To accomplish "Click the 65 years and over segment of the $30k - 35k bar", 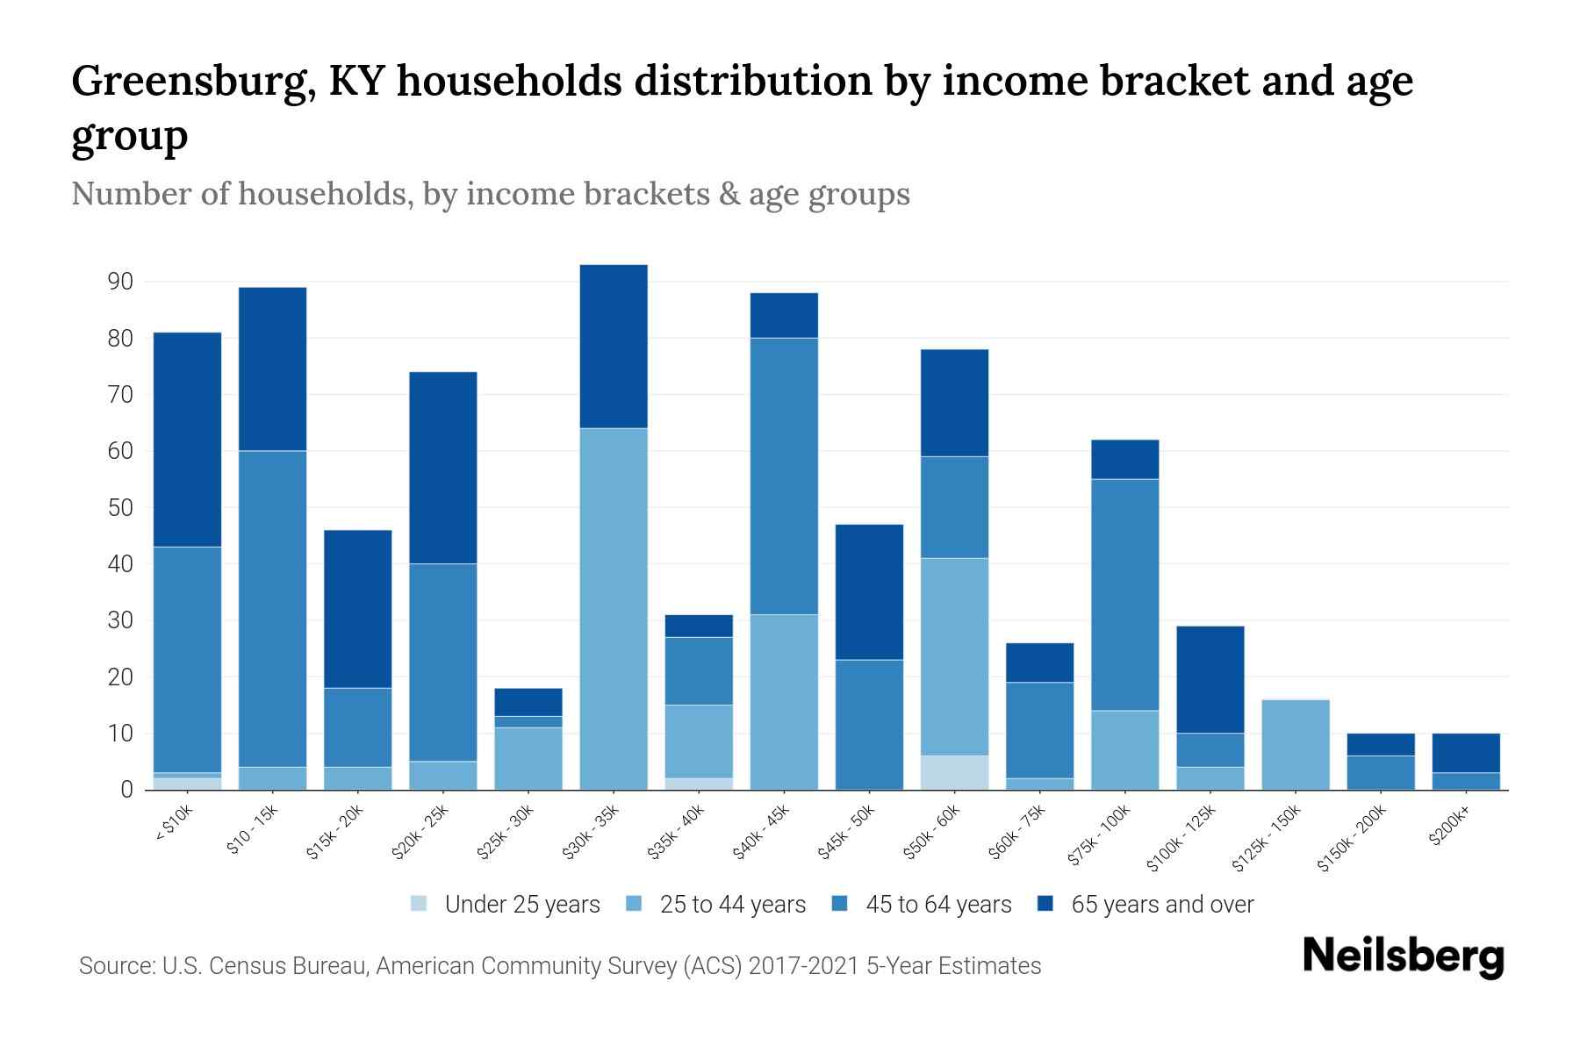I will (614, 346).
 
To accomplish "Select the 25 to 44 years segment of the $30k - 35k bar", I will (614, 608).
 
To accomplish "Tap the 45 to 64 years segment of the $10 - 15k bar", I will (272, 608).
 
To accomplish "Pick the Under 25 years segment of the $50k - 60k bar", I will (955, 772).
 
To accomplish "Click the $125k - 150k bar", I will (1296, 744).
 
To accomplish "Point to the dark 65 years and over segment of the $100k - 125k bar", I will (1210, 679).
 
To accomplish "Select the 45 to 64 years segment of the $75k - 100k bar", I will (1125, 594).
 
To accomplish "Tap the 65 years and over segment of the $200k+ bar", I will (1466, 752).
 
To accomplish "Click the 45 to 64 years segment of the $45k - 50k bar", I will (869, 724).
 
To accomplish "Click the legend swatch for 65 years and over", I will (1045, 904).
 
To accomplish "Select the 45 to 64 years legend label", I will (938, 905).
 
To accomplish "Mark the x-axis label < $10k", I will (173, 824).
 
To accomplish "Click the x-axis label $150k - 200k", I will (1352, 838).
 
